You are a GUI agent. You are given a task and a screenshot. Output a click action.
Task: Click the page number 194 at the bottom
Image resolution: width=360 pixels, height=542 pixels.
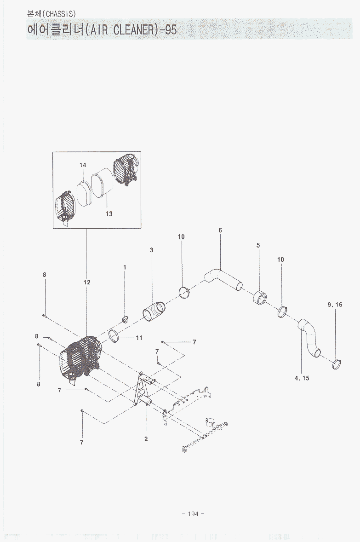click(193, 514)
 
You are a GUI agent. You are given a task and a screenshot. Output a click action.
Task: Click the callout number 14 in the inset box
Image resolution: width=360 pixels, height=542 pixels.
click(83, 165)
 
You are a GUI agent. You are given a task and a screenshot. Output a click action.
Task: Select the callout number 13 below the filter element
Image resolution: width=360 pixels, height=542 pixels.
click(109, 214)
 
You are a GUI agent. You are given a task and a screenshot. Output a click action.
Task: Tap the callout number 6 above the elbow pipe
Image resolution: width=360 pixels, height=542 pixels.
click(220, 230)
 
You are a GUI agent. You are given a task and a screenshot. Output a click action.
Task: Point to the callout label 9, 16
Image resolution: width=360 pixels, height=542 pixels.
click(335, 305)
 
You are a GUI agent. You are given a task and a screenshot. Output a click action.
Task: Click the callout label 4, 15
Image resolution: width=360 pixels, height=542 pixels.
click(302, 378)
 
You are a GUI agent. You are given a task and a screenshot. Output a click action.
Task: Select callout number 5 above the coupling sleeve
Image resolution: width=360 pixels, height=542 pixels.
click(258, 246)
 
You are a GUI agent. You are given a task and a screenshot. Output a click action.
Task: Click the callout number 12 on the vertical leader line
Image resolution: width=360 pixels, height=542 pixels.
click(87, 283)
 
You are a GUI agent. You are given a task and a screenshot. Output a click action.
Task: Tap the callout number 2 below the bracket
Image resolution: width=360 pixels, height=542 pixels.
click(146, 439)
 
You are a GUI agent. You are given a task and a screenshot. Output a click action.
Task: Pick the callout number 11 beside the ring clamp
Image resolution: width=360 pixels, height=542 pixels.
click(139, 338)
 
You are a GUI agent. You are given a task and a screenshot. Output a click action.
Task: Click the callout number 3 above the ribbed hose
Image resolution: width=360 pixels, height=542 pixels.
click(151, 250)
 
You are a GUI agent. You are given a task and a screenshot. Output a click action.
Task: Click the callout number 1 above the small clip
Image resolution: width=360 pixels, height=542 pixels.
click(125, 267)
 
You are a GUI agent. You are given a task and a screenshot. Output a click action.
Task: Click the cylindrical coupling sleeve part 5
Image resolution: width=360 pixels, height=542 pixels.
click(260, 297)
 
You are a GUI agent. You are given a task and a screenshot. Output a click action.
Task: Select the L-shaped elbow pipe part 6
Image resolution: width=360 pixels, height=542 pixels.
click(223, 278)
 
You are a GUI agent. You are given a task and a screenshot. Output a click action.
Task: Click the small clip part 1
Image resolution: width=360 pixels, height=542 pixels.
click(125, 319)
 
